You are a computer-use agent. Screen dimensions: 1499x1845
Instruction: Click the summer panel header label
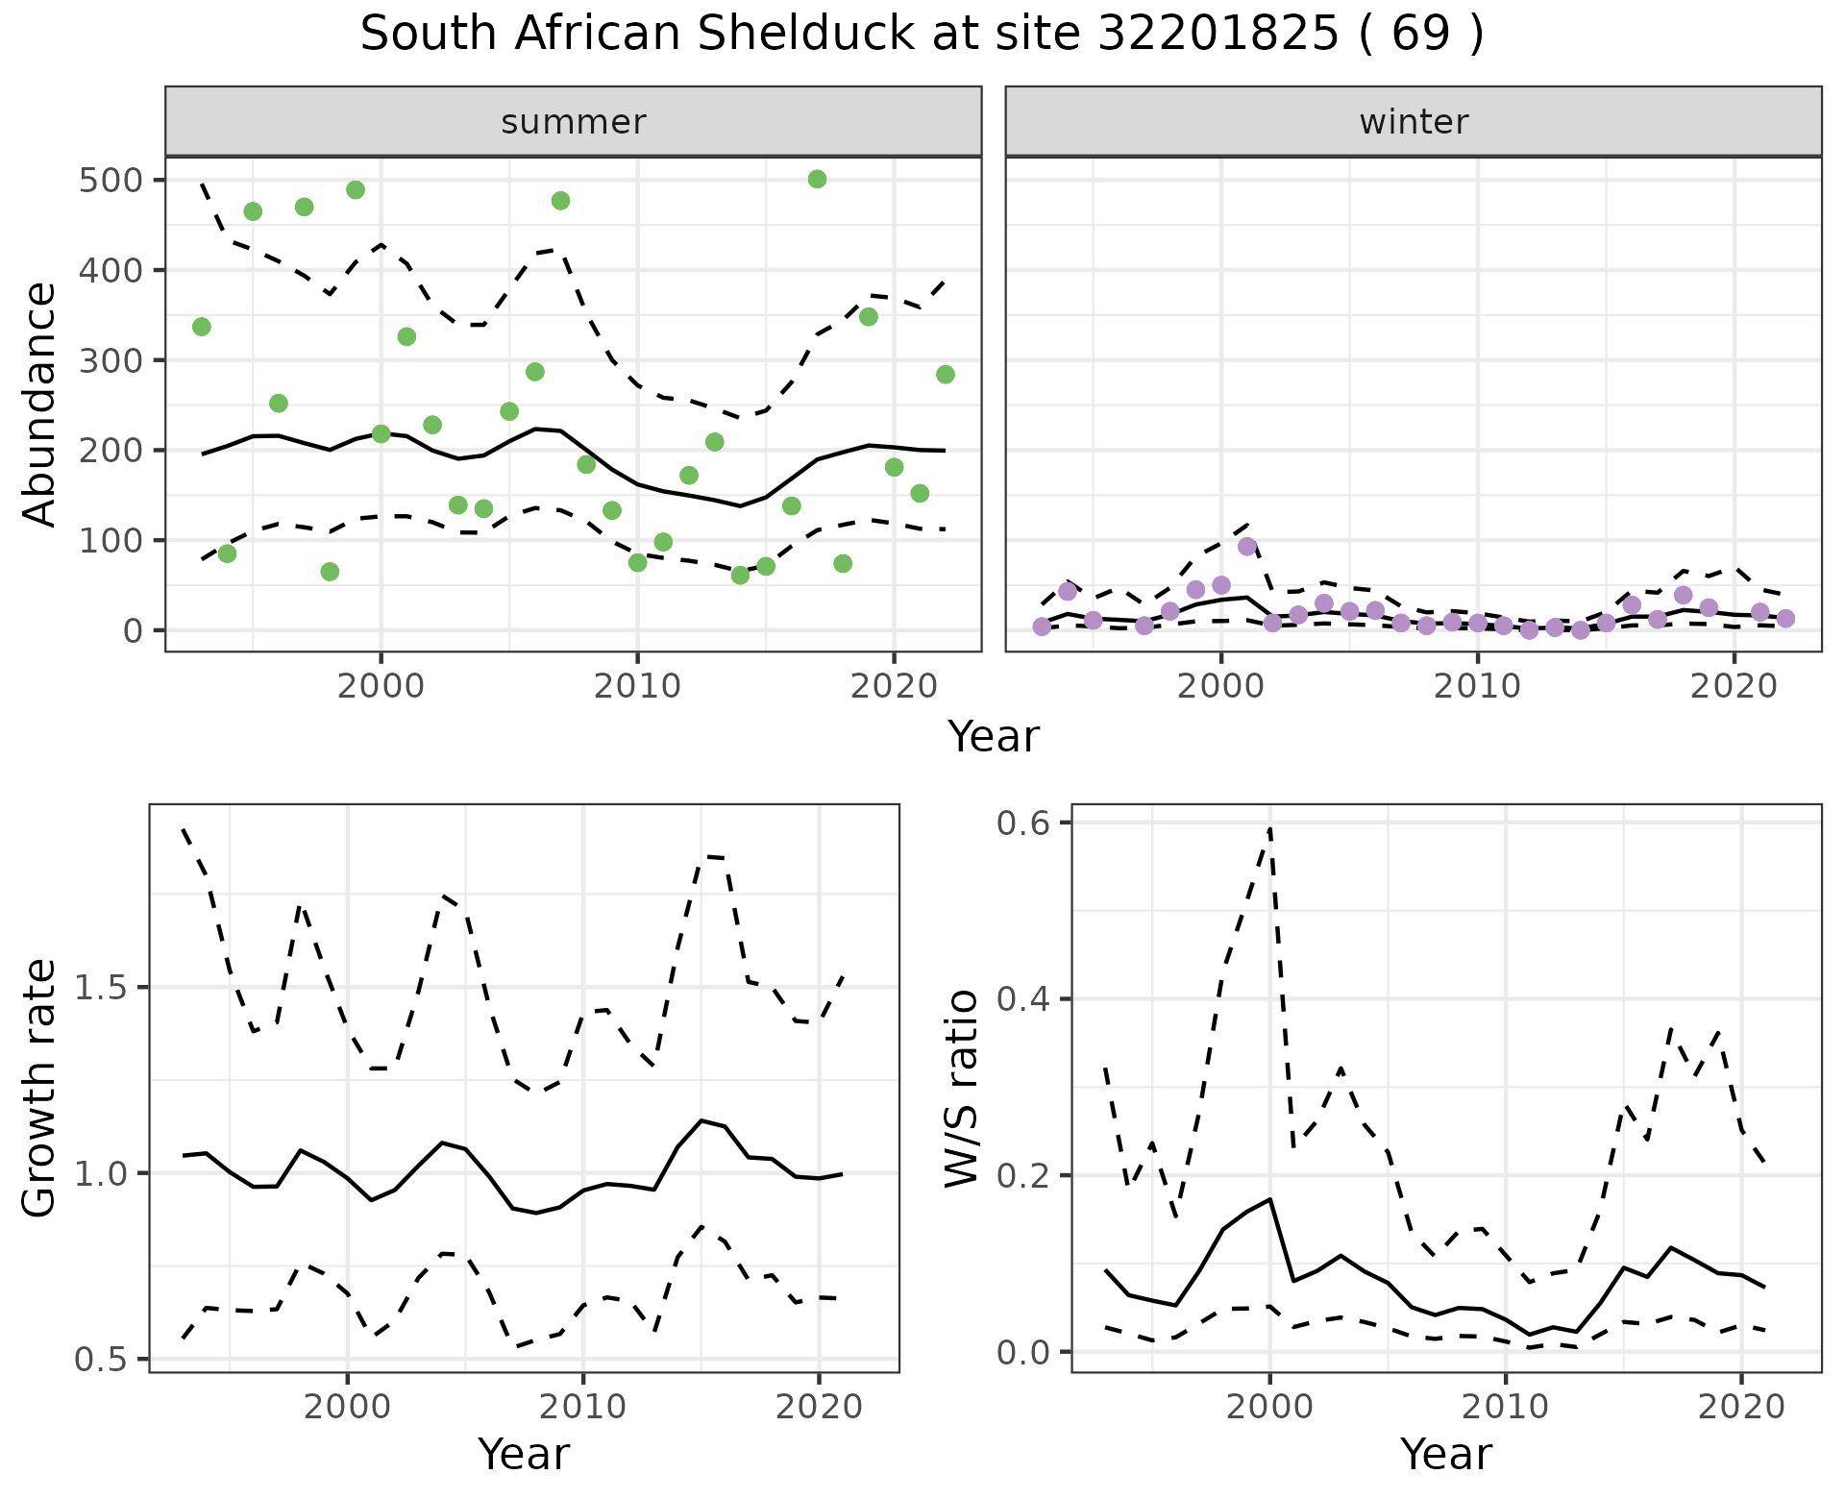click(574, 122)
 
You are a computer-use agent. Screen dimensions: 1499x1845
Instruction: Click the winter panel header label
click(1414, 122)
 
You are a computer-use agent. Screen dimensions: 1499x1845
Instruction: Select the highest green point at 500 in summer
click(818, 180)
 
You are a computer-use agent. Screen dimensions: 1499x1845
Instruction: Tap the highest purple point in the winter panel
click(1247, 547)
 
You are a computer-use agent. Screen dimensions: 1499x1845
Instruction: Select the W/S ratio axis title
click(962, 1088)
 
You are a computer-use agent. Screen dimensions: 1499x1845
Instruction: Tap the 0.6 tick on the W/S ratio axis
click(1024, 823)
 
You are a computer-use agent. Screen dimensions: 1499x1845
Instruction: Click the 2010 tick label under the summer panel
click(637, 687)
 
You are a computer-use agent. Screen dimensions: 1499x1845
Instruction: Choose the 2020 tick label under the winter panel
click(1734, 687)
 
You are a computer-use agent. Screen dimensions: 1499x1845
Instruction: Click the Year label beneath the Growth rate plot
click(524, 1454)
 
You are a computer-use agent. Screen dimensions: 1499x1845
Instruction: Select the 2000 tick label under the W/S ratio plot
click(1270, 1408)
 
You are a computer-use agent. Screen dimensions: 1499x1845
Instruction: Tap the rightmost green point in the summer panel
click(946, 375)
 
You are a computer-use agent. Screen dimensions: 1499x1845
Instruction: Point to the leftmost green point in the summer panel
click(202, 327)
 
